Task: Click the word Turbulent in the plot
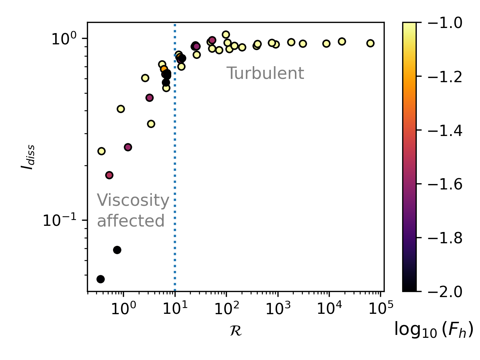coord(265,73)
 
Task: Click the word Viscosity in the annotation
coord(133,200)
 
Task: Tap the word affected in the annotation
coord(131,221)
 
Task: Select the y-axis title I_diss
coord(28,157)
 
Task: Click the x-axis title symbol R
coord(236,331)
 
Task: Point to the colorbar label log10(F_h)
coord(433,330)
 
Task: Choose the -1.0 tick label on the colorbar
coord(440,23)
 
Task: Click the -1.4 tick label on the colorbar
coord(440,130)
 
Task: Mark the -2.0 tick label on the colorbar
coord(440,292)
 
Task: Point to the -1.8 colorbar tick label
coord(440,238)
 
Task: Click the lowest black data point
coord(101,279)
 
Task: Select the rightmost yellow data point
coord(370,43)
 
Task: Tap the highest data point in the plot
coord(226,35)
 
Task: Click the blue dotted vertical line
coord(175,164)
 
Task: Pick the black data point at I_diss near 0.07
coord(117,250)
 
